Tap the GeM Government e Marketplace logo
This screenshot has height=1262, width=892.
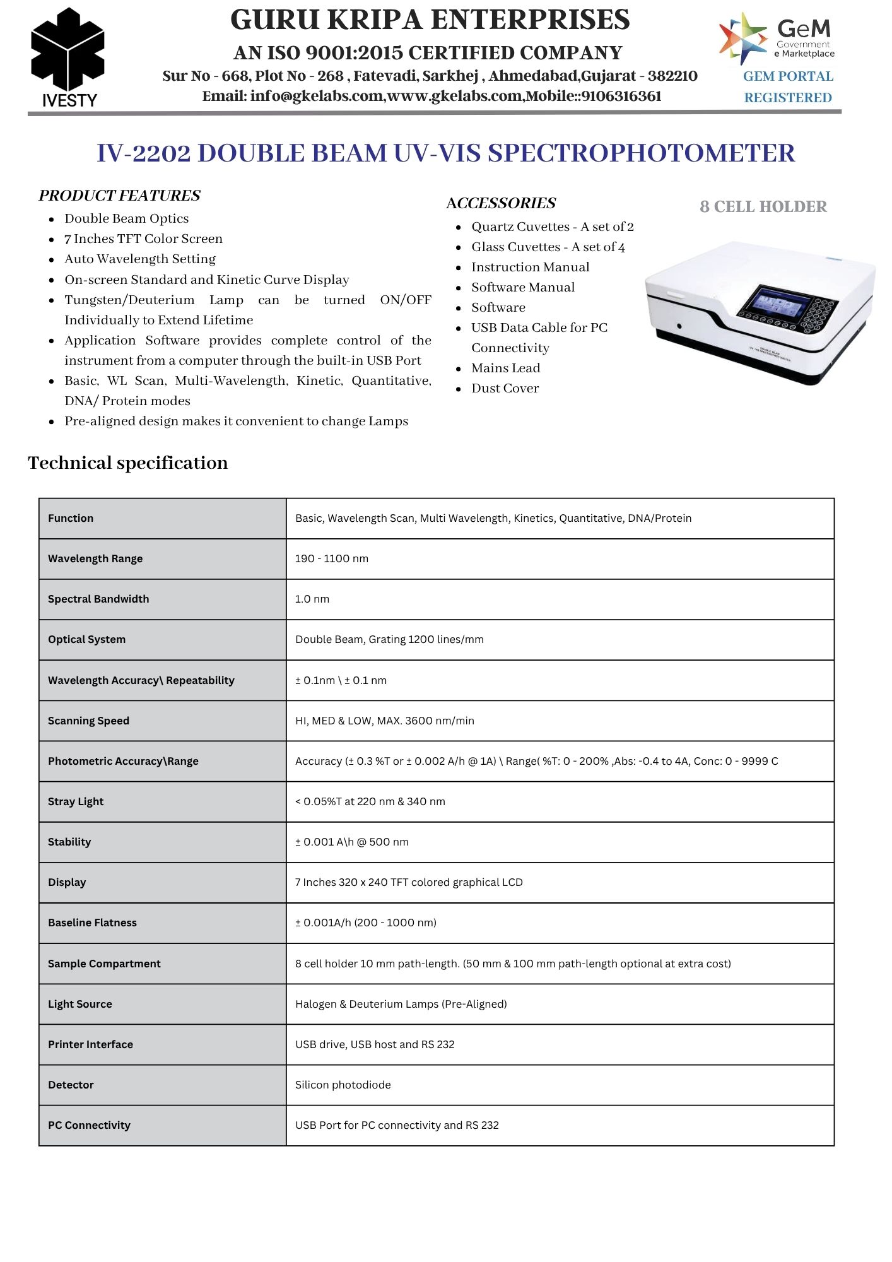tap(777, 38)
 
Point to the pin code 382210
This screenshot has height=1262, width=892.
tap(672, 76)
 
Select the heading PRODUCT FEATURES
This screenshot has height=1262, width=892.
tap(119, 196)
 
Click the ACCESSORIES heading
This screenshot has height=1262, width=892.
tap(501, 203)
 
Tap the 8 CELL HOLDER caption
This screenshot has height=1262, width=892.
tap(763, 207)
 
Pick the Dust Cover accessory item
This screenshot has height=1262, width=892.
tap(505, 389)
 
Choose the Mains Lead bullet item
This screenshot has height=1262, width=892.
tap(505, 369)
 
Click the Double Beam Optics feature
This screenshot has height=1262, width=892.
tap(126, 219)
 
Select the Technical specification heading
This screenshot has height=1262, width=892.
tap(128, 463)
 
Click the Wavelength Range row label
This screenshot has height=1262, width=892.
tap(95, 559)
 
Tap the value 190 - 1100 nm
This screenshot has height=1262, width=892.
tap(332, 559)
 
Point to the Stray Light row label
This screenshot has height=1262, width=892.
tap(76, 802)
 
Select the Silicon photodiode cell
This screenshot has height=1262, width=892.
tap(343, 1085)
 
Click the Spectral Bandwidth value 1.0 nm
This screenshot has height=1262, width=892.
tap(312, 599)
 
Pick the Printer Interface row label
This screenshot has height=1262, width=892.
tap(90, 1045)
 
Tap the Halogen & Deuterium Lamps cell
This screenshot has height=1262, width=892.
tap(401, 1005)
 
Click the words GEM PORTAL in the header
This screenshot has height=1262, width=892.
tap(788, 76)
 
